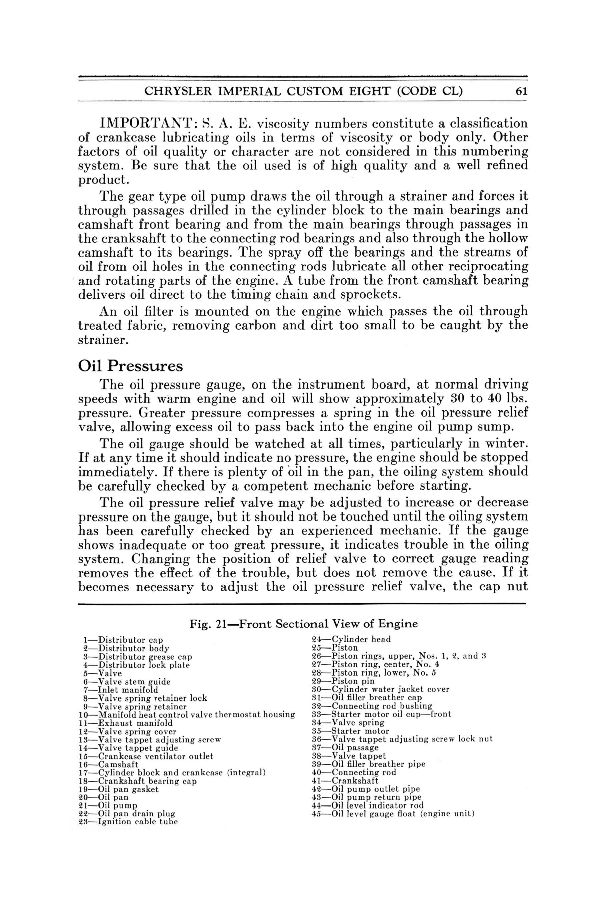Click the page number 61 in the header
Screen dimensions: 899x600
521,91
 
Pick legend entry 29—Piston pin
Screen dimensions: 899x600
344,681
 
